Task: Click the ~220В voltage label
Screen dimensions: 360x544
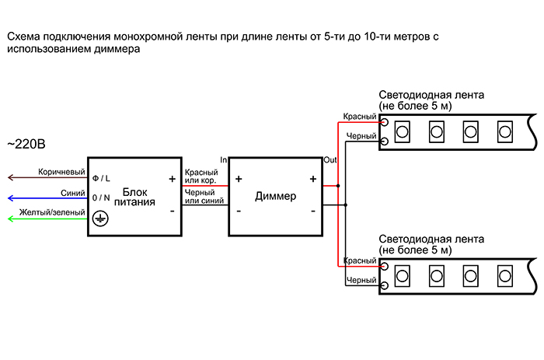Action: (26, 144)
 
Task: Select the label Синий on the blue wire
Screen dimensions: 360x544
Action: (71, 193)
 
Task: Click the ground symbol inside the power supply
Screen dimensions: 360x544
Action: (99, 220)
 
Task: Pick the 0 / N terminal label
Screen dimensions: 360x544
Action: (102, 198)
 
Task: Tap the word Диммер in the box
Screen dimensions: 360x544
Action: (276, 197)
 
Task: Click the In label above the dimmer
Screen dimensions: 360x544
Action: (224, 159)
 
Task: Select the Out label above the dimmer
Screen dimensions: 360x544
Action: (330, 159)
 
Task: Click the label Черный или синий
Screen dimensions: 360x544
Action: (204, 197)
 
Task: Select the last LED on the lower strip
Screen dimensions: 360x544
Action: (504, 274)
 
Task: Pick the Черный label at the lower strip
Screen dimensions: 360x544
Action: (361, 279)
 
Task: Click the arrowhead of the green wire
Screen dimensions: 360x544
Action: (10, 220)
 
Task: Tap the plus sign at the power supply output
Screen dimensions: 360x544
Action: (171, 178)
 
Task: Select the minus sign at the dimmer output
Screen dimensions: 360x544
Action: (312, 211)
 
